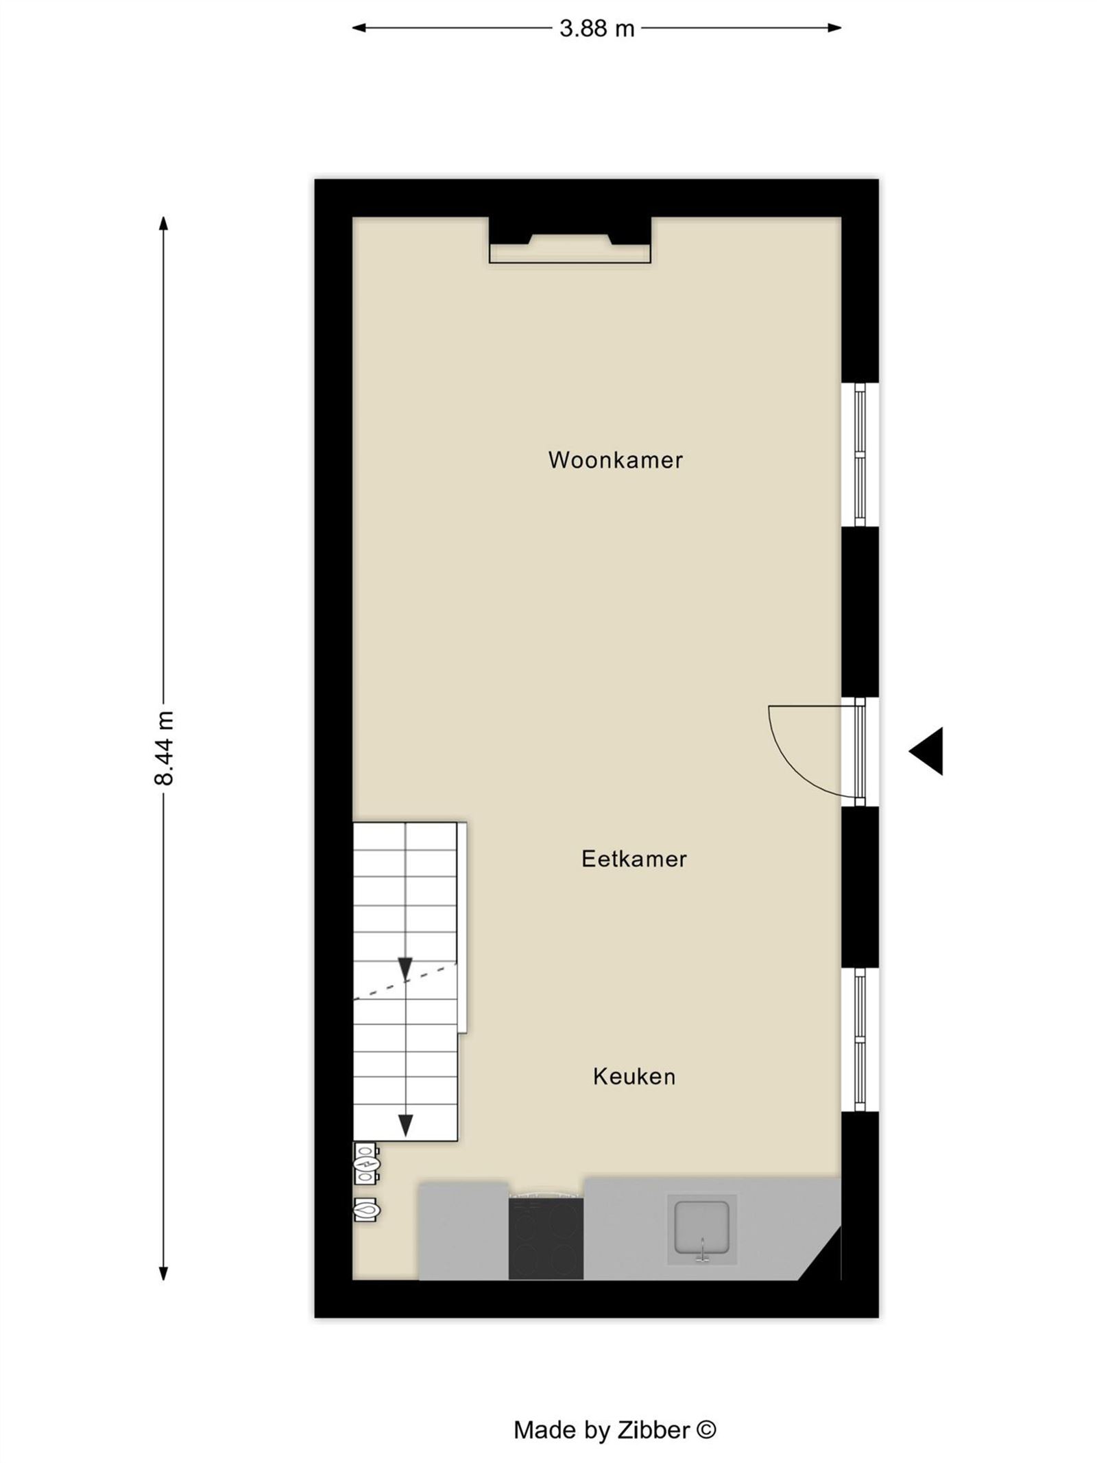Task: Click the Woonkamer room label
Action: point(615,460)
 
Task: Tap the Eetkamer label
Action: point(634,859)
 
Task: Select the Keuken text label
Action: point(634,1076)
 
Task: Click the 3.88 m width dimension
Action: point(596,28)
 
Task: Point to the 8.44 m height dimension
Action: point(165,748)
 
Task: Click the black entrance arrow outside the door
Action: point(926,751)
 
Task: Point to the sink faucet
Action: point(702,1250)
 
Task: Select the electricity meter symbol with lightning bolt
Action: point(366,1163)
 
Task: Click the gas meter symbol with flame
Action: point(366,1210)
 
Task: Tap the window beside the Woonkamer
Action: point(860,454)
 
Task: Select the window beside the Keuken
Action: point(860,1039)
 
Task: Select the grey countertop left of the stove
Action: point(463,1230)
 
